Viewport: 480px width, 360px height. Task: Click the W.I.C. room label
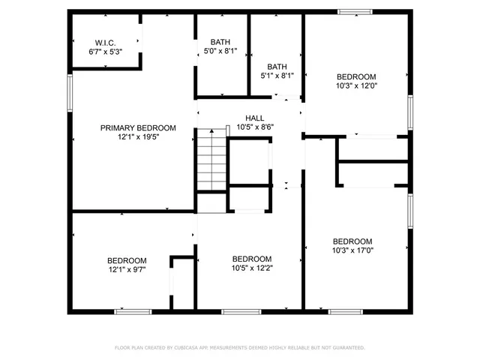point(104,42)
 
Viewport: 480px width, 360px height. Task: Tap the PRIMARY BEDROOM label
point(138,128)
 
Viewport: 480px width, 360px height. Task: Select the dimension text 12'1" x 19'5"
point(138,136)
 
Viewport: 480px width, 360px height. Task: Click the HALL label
point(255,118)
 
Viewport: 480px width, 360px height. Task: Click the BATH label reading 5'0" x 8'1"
point(220,42)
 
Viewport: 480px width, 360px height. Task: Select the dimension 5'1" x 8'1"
point(277,75)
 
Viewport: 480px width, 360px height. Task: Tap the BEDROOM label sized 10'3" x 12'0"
point(356,77)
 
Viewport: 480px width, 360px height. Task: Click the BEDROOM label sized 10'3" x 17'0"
point(352,241)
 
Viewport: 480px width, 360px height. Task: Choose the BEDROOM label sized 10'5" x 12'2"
point(252,259)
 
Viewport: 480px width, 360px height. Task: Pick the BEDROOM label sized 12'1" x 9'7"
point(126,260)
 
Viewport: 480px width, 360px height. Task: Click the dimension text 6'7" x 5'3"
point(104,51)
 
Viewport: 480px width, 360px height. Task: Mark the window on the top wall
point(353,11)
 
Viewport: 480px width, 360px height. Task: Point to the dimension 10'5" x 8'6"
point(255,127)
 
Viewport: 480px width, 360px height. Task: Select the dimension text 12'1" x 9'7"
point(126,269)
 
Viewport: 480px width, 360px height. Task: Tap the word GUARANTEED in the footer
point(346,348)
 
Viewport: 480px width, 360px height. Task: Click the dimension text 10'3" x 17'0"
point(352,250)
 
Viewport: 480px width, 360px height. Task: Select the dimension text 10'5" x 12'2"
point(252,268)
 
